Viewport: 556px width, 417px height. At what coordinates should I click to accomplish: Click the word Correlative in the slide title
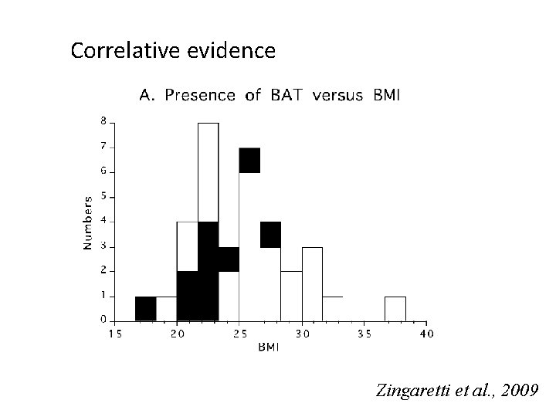126,50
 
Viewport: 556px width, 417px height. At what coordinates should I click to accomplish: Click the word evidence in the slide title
231,50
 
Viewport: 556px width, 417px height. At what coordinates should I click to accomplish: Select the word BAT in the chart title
286,95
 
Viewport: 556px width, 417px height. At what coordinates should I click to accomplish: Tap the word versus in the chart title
337,96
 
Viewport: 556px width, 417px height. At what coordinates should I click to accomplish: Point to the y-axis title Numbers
87,223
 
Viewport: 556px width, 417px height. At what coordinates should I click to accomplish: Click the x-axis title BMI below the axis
269,347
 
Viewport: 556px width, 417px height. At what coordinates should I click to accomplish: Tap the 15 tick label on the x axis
115,334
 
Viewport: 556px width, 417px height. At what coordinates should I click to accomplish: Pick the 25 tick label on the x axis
240,334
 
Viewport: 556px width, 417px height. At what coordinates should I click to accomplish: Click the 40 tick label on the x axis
427,334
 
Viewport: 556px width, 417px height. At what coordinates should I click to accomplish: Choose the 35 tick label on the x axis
364,334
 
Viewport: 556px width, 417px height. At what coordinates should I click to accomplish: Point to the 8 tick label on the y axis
103,122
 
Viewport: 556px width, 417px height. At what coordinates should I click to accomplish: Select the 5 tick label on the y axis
103,196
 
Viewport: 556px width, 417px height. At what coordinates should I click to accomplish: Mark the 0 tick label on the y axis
103,320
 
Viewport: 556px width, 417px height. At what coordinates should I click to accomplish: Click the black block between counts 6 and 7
249,161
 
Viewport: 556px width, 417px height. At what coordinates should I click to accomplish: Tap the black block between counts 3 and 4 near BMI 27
270,235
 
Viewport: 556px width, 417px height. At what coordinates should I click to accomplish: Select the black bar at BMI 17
146,308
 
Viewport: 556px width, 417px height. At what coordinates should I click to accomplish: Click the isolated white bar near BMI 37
395,309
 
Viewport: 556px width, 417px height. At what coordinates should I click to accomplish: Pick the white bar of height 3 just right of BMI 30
313,284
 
